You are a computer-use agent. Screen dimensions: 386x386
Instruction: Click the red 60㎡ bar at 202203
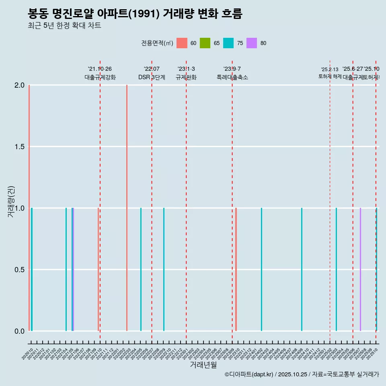(x=127, y=208)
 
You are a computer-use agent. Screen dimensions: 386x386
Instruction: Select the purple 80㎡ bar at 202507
(x=360, y=269)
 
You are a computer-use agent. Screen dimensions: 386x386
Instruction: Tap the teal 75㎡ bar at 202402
(x=261, y=269)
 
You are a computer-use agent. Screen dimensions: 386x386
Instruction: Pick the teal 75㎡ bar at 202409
(x=302, y=269)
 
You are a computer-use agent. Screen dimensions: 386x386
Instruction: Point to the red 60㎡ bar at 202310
(x=236, y=269)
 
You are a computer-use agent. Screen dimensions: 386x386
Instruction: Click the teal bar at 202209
(x=164, y=269)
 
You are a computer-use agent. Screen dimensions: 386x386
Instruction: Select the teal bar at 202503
(x=336, y=269)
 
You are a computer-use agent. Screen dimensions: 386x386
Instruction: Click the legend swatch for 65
(x=205, y=43)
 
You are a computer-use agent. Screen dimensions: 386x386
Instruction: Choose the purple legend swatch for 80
(x=252, y=43)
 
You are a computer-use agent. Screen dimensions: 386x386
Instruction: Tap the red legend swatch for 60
(x=182, y=43)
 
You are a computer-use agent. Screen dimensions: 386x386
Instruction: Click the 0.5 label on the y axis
(x=19, y=270)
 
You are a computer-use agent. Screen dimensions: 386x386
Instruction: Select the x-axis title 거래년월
(x=203, y=365)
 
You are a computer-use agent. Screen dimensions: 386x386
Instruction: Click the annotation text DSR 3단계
(x=152, y=77)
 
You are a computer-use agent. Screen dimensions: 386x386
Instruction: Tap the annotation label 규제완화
(x=186, y=77)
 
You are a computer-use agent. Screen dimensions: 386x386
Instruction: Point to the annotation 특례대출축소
(x=232, y=77)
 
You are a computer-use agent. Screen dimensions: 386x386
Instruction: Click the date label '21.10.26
(x=100, y=69)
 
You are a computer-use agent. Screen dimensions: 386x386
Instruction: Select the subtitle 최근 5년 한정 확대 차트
(x=64, y=26)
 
